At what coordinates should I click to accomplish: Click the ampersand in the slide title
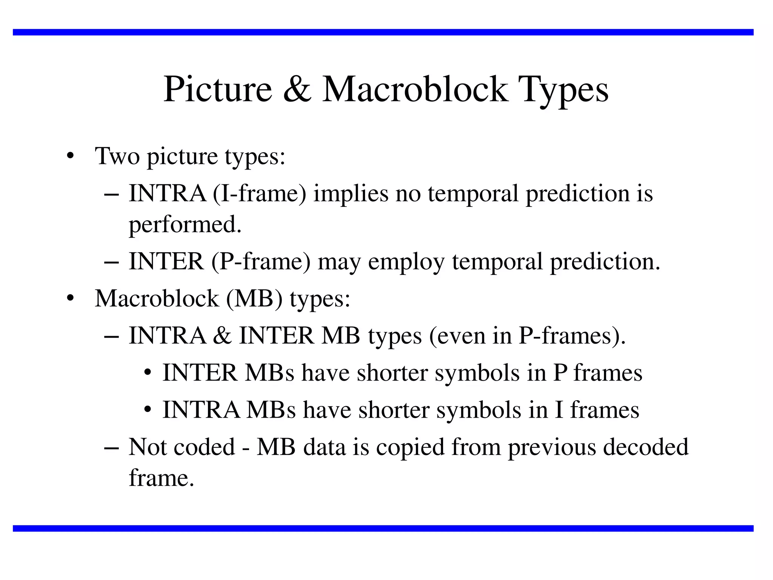[x=297, y=89]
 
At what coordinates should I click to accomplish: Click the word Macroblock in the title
[x=415, y=89]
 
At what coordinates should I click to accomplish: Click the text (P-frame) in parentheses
[x=261, y=261]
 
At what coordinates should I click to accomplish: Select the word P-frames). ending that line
[x=572, y=335]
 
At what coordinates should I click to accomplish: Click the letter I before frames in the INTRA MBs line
[x=559, y=409]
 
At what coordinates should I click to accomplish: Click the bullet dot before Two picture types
[x=69, y=156]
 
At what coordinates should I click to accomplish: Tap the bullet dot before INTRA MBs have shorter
[x=148, y=410]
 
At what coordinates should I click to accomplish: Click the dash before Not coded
[x=111, y=447]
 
